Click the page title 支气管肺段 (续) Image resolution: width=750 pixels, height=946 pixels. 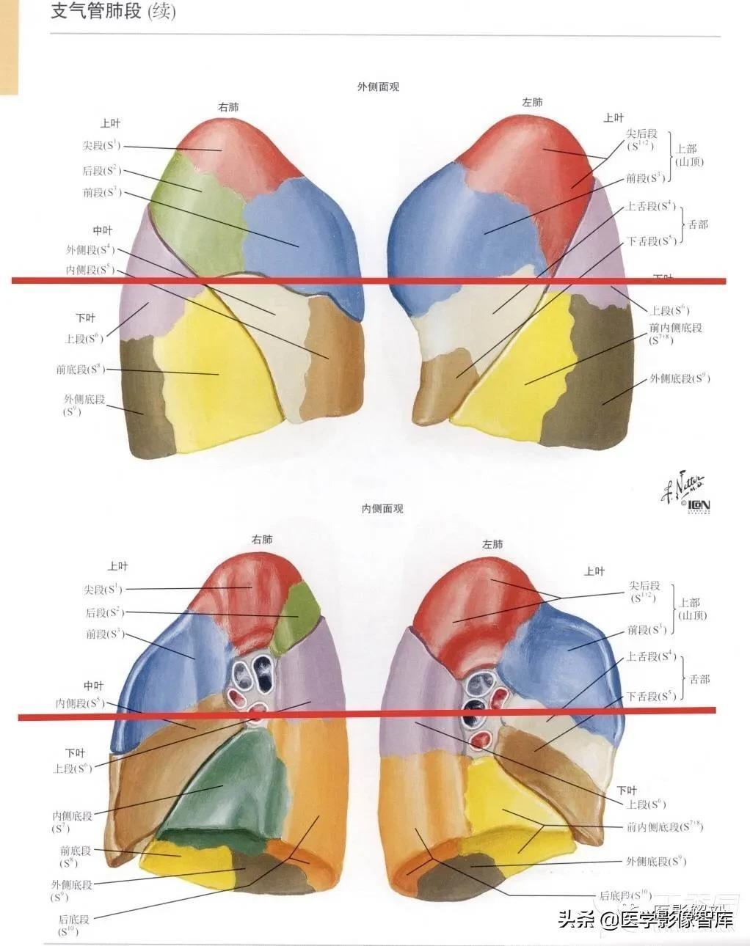click(113, 12)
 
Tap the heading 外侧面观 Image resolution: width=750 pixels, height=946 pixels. click(378, 87)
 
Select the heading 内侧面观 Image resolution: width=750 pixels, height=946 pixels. click(382, 508)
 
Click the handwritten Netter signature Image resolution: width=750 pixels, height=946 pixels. click(682, 485)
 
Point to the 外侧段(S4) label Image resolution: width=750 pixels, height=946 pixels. click(90, 249)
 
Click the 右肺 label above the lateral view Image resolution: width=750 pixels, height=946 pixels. click(228, 107)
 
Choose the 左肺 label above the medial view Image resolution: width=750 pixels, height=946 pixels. click(492, 544)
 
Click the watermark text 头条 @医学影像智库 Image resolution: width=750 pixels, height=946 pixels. click(646, 919)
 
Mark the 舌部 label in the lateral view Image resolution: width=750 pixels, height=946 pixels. click(698, 224)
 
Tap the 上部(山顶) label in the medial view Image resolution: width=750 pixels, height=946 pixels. click(691, 609)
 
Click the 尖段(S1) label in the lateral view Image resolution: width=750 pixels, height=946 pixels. click(101, 146)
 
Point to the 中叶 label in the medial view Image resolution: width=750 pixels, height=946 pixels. click(93, 686)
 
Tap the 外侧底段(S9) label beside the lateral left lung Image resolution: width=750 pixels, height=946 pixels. click(679, 379)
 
